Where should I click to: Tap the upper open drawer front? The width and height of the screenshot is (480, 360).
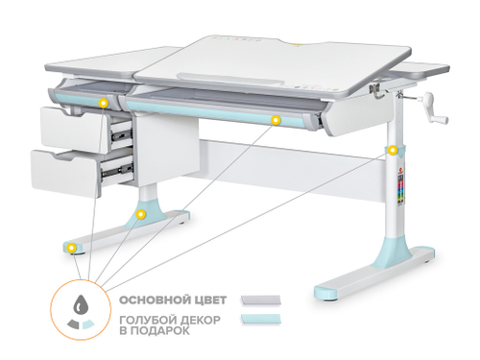[x=69, y=126]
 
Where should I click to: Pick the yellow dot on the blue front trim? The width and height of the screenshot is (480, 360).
[x=276, y=120]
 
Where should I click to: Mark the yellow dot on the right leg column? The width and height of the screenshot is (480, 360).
[x=392, y=152]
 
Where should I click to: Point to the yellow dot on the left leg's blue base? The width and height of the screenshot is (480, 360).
[x=141, y=213]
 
